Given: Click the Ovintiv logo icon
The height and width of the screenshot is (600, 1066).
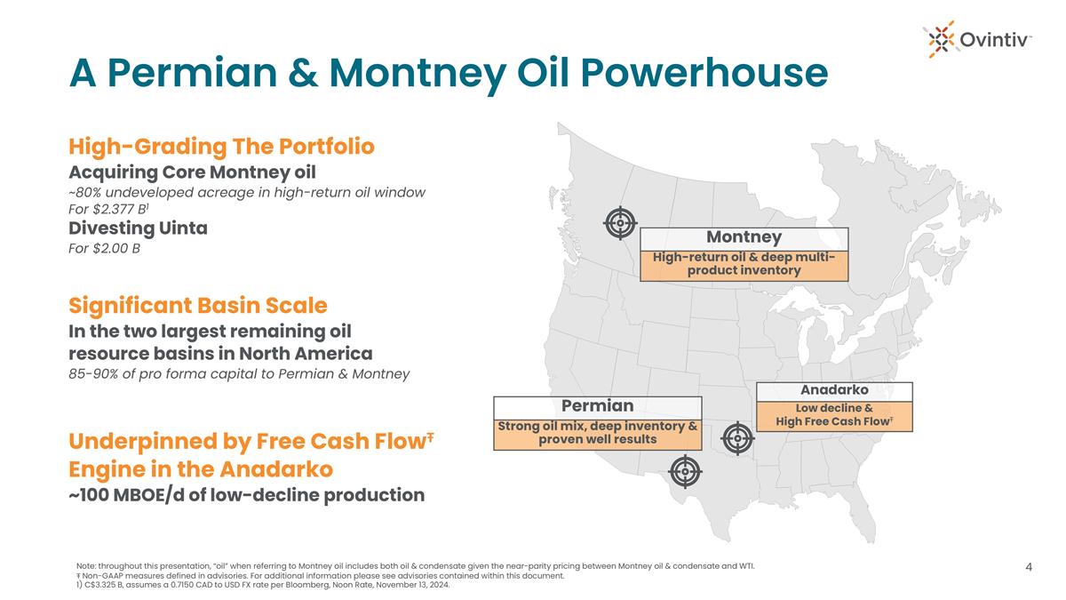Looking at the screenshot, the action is point(942,39).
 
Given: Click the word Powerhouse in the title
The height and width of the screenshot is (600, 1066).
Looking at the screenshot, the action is point(704,73).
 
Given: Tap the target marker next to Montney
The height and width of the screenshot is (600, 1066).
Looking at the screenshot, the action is point(620,222).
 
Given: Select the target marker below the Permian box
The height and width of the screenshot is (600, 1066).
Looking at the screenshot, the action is point(685,471).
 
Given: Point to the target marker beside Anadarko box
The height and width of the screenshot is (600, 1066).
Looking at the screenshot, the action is point(737,438).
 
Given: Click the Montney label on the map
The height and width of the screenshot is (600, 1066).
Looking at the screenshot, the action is point(744,236).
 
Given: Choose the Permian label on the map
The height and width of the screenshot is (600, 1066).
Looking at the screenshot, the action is point(597,405).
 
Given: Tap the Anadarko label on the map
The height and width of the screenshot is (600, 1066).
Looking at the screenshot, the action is point(834,390).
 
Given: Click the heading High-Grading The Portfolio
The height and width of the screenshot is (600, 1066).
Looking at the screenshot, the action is point(221,146).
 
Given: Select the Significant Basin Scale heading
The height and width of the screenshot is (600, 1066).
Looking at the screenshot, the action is point(198,305).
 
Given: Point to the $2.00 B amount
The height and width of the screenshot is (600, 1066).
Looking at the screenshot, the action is point(116,248).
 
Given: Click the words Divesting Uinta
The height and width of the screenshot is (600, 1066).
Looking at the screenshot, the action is point(138,228).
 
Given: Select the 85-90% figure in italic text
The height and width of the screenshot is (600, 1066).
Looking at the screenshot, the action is point(93,374).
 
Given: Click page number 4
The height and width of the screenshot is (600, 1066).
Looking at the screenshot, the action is point(1029,567).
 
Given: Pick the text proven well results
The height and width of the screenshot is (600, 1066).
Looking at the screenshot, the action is point(597,439).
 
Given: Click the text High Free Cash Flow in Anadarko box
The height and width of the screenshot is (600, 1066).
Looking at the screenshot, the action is point(832,421).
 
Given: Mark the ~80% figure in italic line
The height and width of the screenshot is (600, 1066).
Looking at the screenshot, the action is point(84,192).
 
